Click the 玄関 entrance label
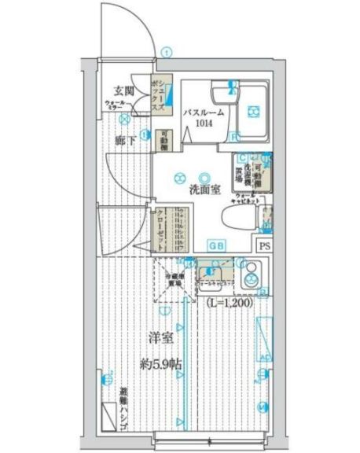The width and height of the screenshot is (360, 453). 123,90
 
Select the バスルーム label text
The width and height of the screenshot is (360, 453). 204,112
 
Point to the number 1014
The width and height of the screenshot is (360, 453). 204,123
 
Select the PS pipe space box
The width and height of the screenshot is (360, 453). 263,244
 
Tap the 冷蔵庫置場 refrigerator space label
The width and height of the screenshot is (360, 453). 174,280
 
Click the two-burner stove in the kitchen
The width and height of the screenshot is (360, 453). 253,277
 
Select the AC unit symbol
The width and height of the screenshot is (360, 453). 264,338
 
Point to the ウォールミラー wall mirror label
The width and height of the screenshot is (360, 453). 116,103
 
